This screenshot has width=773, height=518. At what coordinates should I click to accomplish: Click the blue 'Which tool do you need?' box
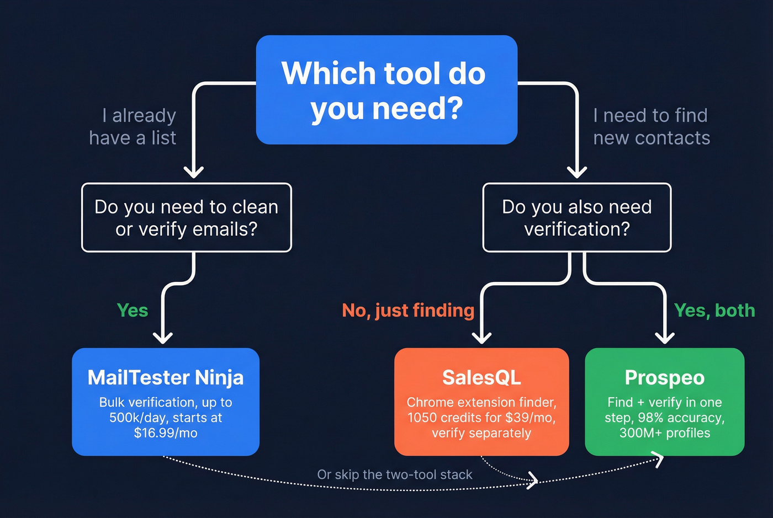click(386, 90)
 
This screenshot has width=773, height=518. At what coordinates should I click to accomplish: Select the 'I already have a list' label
click(133, 126)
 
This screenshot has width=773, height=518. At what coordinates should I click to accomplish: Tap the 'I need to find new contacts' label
click(652, 126)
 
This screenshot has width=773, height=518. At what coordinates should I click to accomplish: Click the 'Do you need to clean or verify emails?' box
click(187, 217)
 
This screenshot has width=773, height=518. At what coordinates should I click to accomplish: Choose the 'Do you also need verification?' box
click(577, 217)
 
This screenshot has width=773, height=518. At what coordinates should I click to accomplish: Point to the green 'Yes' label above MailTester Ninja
click(133, 310)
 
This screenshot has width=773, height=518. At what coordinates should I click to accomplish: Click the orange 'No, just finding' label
click(408, 310)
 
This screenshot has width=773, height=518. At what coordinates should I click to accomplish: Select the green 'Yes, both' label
click(714, 310)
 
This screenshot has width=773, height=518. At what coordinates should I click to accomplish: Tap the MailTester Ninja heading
click(166, 377)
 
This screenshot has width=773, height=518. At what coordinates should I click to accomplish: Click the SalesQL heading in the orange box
click(481, 377)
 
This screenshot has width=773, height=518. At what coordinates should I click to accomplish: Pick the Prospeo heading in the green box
click(665, 377)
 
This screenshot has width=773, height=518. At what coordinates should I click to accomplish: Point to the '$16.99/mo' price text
click(166, 433)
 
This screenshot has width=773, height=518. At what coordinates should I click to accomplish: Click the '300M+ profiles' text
click(665, 433)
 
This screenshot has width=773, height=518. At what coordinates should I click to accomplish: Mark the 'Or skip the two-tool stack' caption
click(395, 474)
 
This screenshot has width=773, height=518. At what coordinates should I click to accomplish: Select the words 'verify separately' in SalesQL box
click(481, 433)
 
